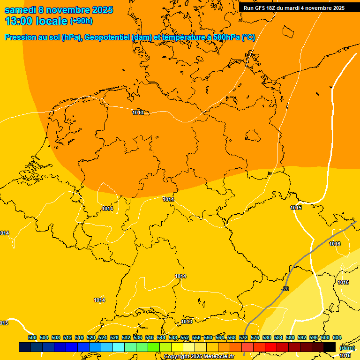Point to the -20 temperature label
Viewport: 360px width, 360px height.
tap(285, 289)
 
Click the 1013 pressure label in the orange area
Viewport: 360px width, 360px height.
tap(138, 112)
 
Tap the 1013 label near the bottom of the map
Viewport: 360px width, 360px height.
tap(187, 322)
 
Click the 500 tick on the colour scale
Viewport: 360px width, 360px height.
tap(32, 337)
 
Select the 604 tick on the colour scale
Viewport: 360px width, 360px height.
tap(337, 337)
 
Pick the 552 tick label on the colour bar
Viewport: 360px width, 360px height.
tap(185, 337)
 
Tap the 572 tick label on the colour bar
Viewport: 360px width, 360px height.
tap(243, 337)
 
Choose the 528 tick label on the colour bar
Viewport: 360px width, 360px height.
tap(114, 337)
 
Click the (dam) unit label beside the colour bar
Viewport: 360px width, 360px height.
tap(347, 348)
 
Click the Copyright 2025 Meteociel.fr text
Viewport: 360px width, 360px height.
tap(199, 357)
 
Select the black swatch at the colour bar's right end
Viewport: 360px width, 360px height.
tap(330, 347)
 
